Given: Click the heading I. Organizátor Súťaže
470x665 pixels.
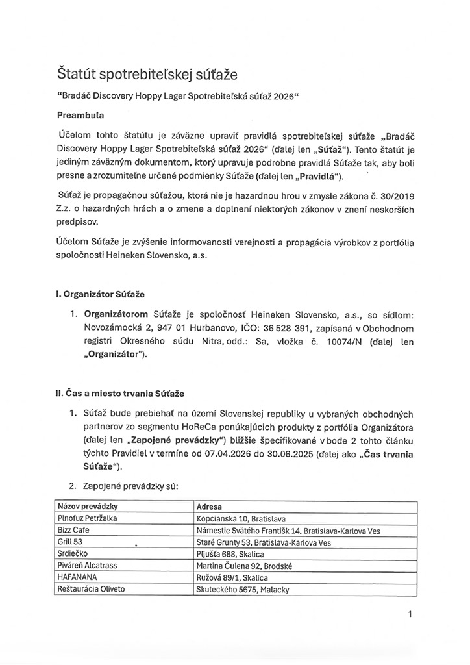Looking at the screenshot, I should (x=98, y=294).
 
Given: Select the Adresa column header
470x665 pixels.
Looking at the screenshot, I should (x=208, y=506).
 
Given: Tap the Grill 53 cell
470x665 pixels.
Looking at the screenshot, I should (x=71, y=542).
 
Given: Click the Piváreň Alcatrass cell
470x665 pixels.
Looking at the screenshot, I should (x=87, y=565).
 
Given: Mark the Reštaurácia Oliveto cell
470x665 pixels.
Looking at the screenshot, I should (x=91, y=589).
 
